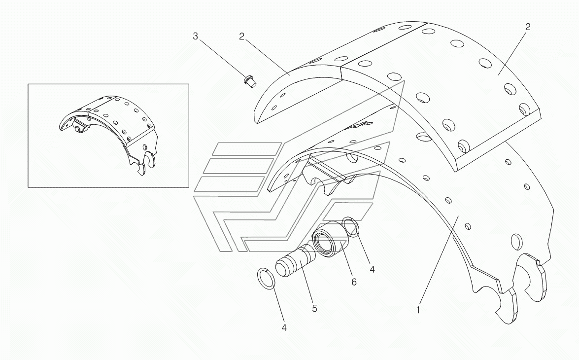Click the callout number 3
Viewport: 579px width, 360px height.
pos(195,36)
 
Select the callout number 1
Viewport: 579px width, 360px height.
pos(418,310)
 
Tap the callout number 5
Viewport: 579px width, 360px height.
pos(314,309)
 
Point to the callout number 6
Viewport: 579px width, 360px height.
pos(354,282)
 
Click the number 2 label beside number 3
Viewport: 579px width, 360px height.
pos(242,36)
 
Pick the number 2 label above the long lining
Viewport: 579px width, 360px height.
pos(527,27)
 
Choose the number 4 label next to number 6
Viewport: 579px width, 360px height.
pos(372,269)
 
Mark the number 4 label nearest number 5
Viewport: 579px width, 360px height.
pos(284,326)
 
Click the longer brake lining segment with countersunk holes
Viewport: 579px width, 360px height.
pos(443,89)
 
